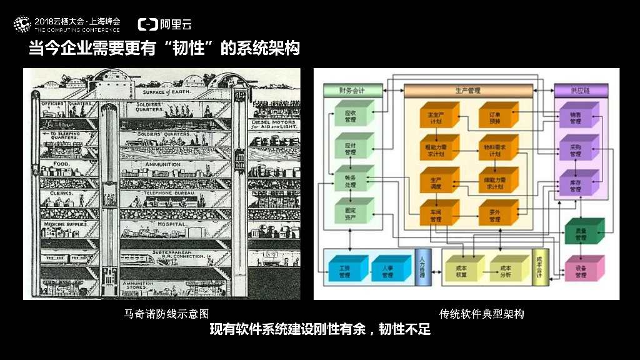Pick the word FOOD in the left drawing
(x=61, y=164)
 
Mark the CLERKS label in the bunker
(x=62, y=194)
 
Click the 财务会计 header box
(x=351, y=91)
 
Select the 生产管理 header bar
(x=468, y=91)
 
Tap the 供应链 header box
(x=579, y=91)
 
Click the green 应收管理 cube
(x=351, y=116)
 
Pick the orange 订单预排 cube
(x=496, y=117)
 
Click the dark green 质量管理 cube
(x=582, y=234)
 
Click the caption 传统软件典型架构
(x=481, y=314)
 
